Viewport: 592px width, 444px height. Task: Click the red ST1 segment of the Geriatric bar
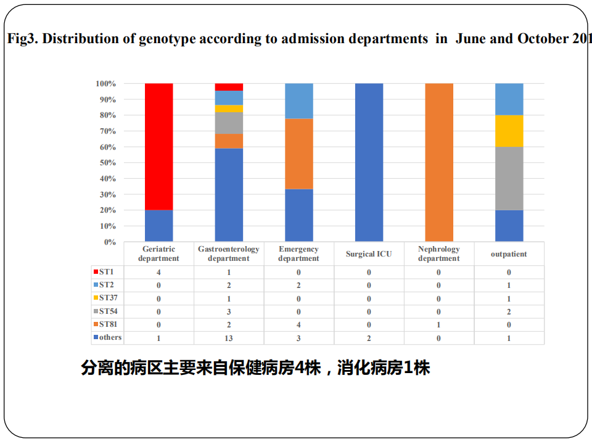(x=158, y=146)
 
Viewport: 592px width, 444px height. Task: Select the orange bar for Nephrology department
(x=439, y=162)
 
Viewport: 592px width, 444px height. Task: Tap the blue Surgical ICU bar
(x=369, y=162)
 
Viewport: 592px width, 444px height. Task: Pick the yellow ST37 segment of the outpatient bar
(x=509, y=131)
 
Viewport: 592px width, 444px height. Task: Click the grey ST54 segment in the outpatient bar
(x=509, y=178)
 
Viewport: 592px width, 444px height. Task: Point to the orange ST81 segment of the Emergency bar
(x=299, y=154)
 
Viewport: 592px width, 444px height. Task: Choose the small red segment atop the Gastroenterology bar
(x=229, y=87)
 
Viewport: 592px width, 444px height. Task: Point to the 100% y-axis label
(x=105, y=83)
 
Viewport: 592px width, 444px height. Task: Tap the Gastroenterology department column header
(x=229, y=253)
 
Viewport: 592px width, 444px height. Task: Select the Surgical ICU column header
(x=369, y=253)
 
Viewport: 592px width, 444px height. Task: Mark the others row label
(x=110, y=337)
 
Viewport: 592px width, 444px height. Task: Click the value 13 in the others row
(x=229, y=338)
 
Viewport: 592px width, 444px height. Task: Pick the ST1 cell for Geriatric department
(x=158, y=272)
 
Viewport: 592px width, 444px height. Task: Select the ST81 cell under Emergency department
(x=299, y=325)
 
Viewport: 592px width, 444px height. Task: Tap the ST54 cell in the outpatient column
(x=509, y=311)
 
